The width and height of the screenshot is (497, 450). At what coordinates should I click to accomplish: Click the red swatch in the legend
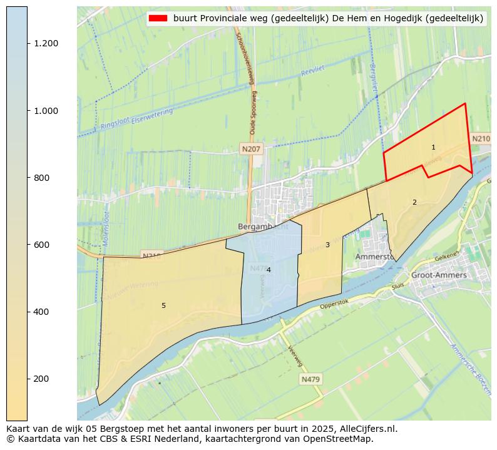point(158,18)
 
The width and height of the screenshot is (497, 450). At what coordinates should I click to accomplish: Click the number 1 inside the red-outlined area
point(433,148)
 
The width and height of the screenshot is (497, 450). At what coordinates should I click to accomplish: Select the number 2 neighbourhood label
point(414,202)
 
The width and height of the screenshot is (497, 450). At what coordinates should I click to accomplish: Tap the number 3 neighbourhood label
point(327,245)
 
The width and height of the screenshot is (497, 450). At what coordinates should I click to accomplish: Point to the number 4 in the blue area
point(269,270)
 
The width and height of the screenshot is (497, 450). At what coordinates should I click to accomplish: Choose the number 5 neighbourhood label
point(163,305)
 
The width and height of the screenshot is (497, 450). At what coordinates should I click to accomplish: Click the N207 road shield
point(251,149)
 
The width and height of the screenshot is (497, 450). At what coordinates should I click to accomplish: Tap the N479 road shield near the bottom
point(310,379)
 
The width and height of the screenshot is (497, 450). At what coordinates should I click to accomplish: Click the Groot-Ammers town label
point(439,275)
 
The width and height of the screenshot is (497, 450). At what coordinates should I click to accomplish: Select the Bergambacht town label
point(263,226)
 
